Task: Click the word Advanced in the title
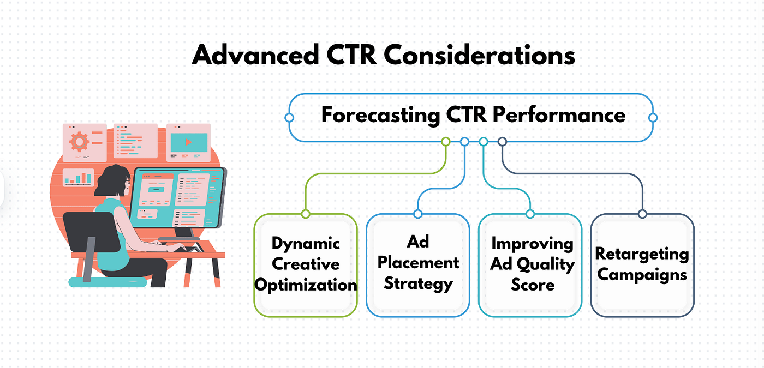point(255,55)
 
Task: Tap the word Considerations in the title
point(480,55)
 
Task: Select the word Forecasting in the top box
point(381,115)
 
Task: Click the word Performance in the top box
point(559,114)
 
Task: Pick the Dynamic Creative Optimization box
point(306,265)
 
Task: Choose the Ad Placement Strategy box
point(418,265)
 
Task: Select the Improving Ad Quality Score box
point(530,265)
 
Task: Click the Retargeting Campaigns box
point(642,265)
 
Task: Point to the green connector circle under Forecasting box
point(445,142)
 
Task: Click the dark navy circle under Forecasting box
point(502,142)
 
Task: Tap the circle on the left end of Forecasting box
point(289,118)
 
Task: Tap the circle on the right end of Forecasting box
point(653,118)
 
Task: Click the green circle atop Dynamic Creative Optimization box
point(306,214)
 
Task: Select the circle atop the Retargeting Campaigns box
point(642,214)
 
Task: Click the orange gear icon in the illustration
point(79,141)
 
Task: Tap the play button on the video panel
point(189,142)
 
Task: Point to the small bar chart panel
point(79,178)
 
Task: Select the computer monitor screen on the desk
point(178,197)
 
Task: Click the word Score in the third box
point(533,285)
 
